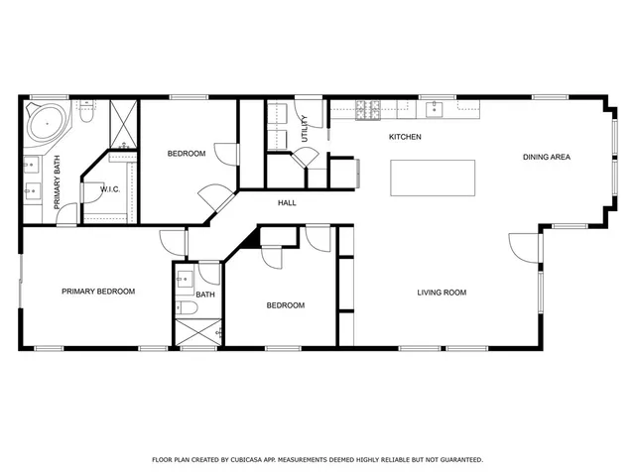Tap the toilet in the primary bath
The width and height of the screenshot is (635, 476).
[x=86, y=117]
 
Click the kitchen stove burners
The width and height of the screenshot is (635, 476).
[x=370, y=109]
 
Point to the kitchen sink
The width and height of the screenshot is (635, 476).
[x=435, y=108]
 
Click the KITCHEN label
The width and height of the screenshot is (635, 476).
[x=405, y=136]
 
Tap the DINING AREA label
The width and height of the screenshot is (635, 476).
[x=547, y=158]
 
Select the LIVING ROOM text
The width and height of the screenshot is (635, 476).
[x=441, y=293]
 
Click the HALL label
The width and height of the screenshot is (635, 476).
[x=287, y=203]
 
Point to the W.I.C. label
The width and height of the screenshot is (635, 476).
[x=109, y=188]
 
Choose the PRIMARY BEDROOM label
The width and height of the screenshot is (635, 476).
[x=98, y=292]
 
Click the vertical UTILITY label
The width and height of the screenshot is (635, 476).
[x=305, y=128]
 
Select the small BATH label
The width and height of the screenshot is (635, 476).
[x=205, y=295]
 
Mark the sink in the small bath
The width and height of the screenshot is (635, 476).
[x=184, y=281]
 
